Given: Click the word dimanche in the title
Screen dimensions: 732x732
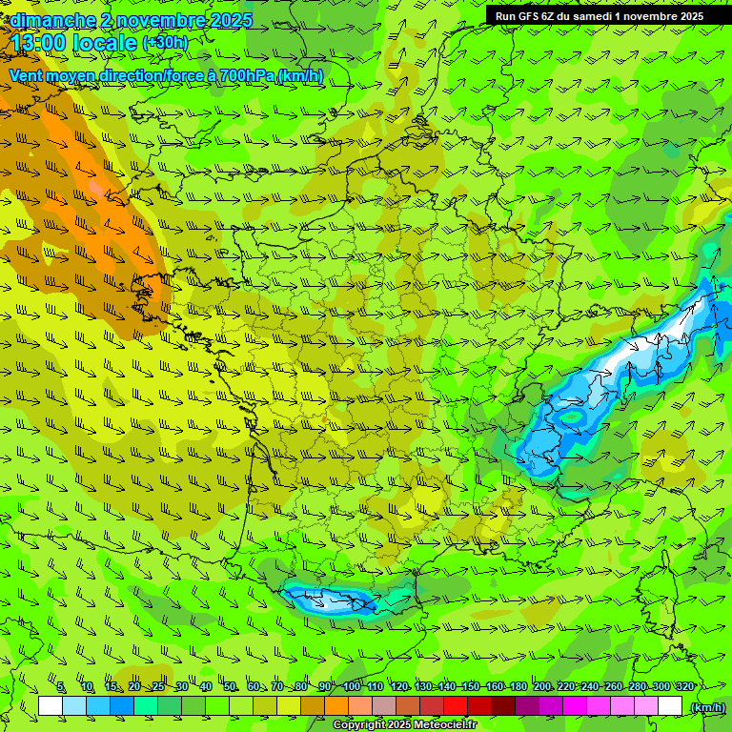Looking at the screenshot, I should pyautogui.click(x=51, y=20).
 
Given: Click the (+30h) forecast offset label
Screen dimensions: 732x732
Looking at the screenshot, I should pyautogui.click(x=164, y=43).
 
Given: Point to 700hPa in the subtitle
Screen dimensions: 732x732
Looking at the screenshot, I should pyautogui.click(x=247, y=75).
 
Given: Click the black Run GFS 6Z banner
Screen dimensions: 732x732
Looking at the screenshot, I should pyautogui.click(x=599, y=15).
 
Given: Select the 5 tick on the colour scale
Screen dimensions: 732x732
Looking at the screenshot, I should pyautogui.click(x=60, y=687).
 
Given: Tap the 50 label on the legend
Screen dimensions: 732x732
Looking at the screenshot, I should pyautogui.click(x=229, y=687).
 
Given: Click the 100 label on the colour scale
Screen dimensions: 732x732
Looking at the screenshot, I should pyautogui.click(x=351, y=687).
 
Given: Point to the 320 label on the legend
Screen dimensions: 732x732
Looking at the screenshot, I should pyautogui.click(x=683, y=687).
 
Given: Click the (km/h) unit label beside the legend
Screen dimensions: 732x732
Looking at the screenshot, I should pyautogui.click(x=707, y=707).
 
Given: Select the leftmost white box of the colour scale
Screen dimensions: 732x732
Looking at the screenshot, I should pyautogui.click(x=51, y=705).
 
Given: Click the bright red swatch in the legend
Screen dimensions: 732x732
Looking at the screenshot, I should pyautogui.click(x=456, y=705).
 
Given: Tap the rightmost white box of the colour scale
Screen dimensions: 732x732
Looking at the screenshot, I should pyautogui.click(x=670, y=705).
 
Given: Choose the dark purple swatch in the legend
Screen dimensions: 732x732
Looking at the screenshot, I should pyautogui.click(x=527, y=705).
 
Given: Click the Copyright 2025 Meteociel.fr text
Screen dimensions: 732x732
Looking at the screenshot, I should pyautogui.click(x=404, y=725).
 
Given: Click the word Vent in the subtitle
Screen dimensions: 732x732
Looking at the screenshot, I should pyautogui.click(x=27, y=75).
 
